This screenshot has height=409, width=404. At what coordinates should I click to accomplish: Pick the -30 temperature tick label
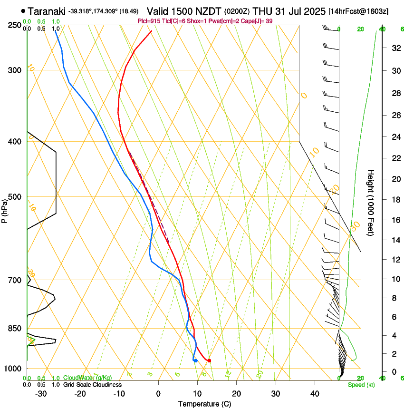pos(41,394)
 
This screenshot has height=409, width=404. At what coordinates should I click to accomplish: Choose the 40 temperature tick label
pos(314,394)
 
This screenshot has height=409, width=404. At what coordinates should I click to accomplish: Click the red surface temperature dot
pos(209,360)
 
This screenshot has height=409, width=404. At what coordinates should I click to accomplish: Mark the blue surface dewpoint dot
pos(195,360)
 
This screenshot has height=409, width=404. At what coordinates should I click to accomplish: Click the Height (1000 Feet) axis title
pos(371,202)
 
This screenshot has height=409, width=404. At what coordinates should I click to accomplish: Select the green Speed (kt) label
pos(361,385)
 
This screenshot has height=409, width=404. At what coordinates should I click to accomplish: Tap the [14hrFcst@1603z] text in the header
pos(358,11)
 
